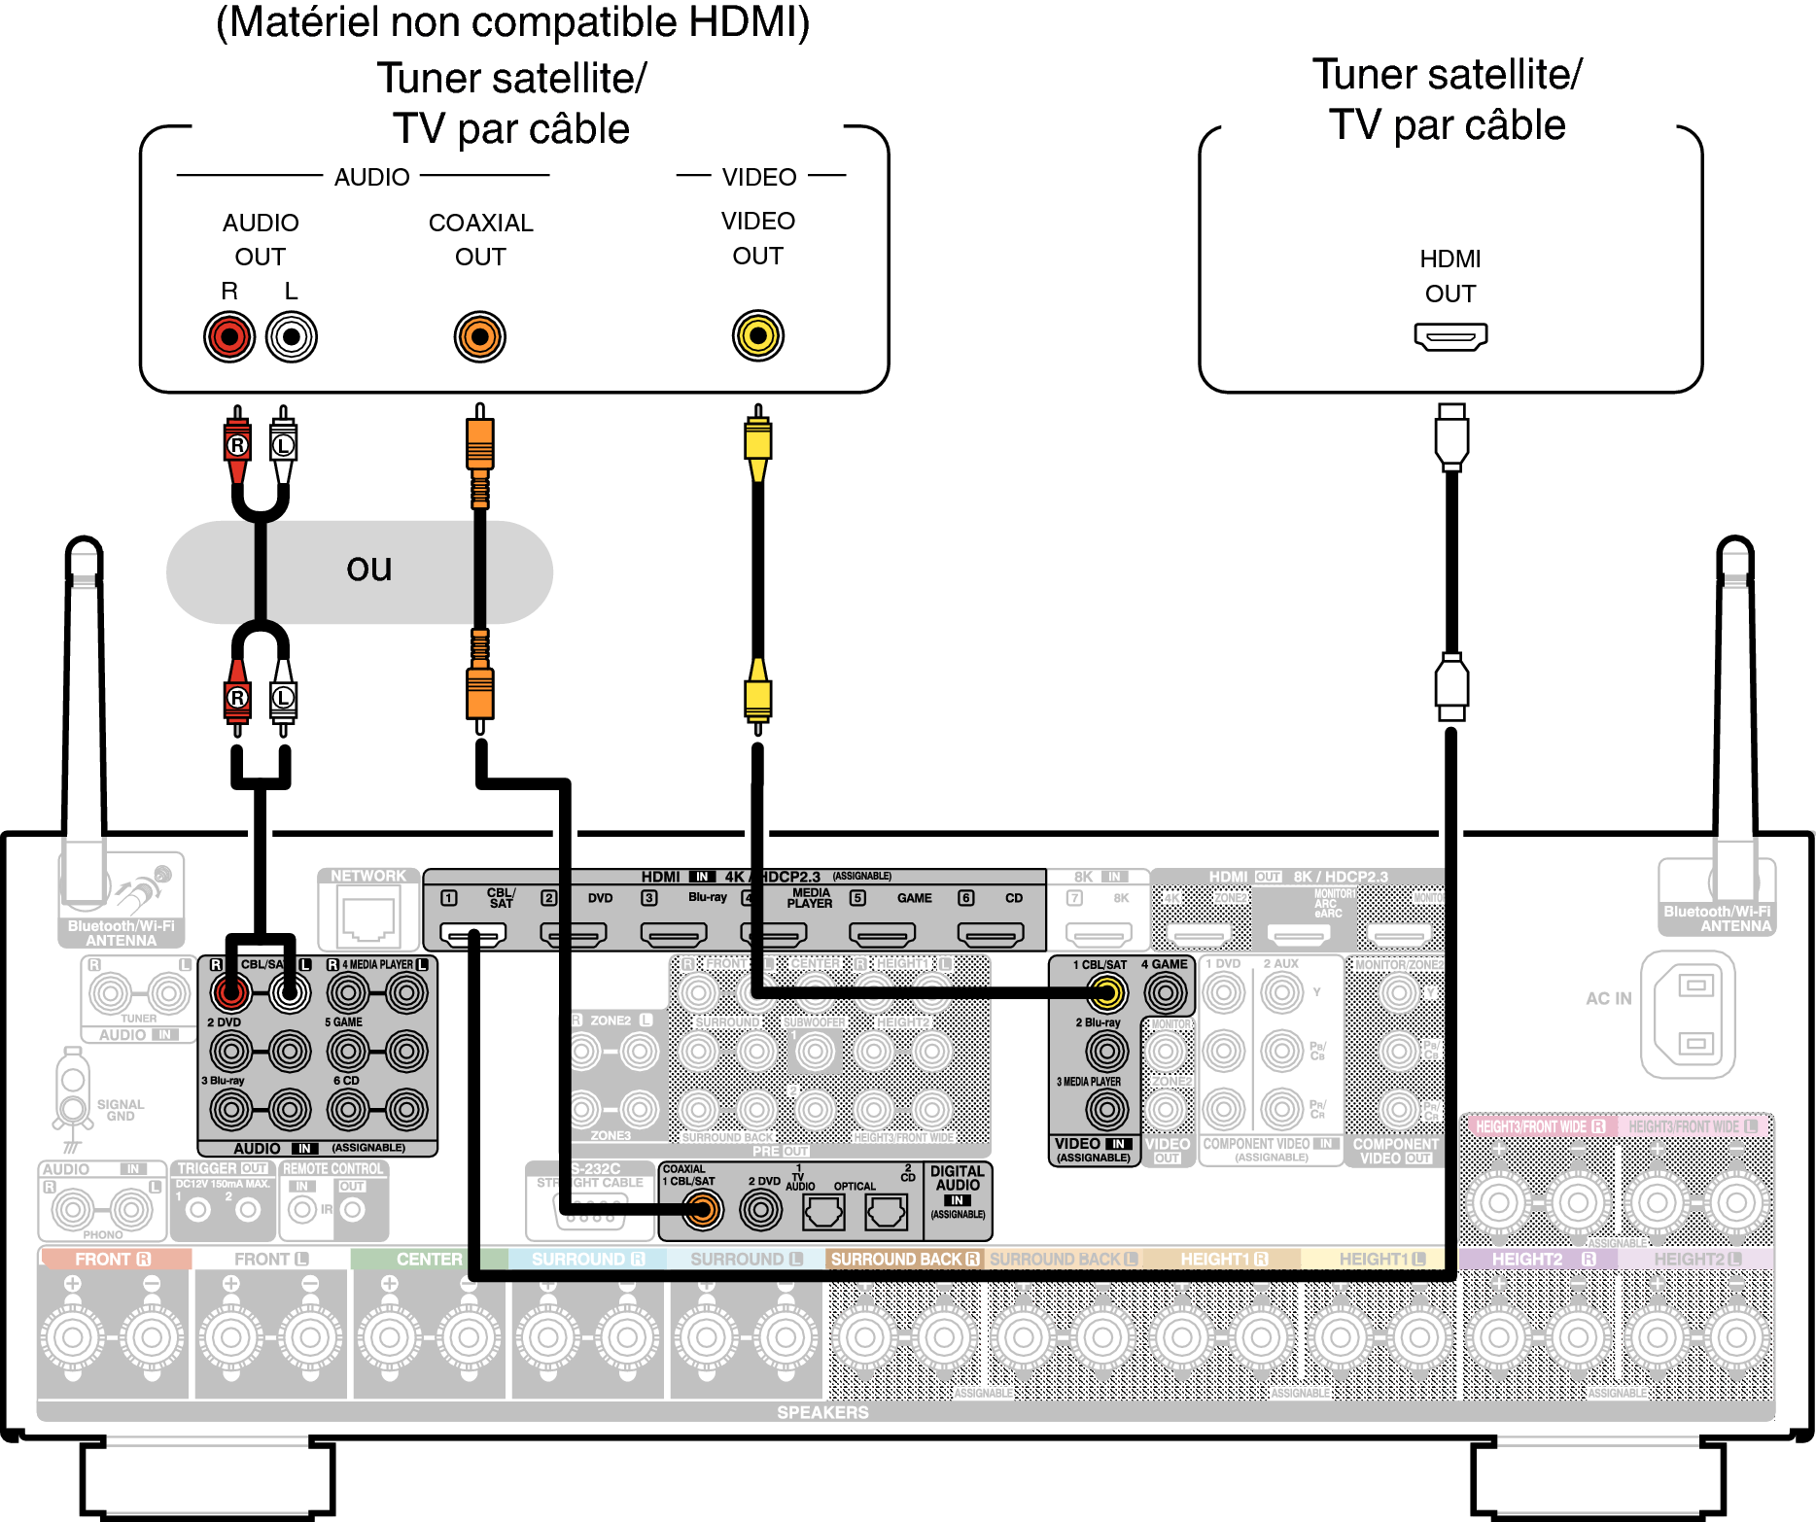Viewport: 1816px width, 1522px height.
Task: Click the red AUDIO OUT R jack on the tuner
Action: [229, 337]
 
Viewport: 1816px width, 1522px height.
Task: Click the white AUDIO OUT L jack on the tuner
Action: [291, 337]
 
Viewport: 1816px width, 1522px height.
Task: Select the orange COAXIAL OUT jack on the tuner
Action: [479, 337]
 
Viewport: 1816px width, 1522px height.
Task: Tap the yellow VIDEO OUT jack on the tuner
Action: [757, 336]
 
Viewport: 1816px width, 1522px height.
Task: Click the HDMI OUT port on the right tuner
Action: [1450, 337]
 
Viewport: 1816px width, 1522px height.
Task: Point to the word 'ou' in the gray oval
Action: [368, 569]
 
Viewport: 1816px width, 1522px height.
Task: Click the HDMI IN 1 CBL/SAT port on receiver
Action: [473, 935]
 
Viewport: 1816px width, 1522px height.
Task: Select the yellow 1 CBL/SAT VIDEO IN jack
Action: [1105, 992]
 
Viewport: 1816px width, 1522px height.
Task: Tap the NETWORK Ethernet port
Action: [368, 918]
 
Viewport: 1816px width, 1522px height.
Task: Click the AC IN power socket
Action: [1687, 1015]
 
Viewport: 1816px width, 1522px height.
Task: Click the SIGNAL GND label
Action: [120, 1110]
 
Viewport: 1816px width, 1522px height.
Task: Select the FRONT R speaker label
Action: [113, 1259]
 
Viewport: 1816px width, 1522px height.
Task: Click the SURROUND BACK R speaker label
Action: [904, 1259]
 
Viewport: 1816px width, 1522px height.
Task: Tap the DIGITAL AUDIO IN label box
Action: [958, 1192]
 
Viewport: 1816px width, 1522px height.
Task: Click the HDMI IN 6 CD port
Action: [991, 935]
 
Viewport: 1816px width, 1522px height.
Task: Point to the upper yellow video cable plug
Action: [757, 442]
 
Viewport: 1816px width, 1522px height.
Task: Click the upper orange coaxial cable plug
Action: [479, 442]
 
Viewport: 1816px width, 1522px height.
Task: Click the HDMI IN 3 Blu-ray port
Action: [673, 935]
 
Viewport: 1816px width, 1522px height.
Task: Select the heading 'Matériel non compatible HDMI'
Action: [512, 23]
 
